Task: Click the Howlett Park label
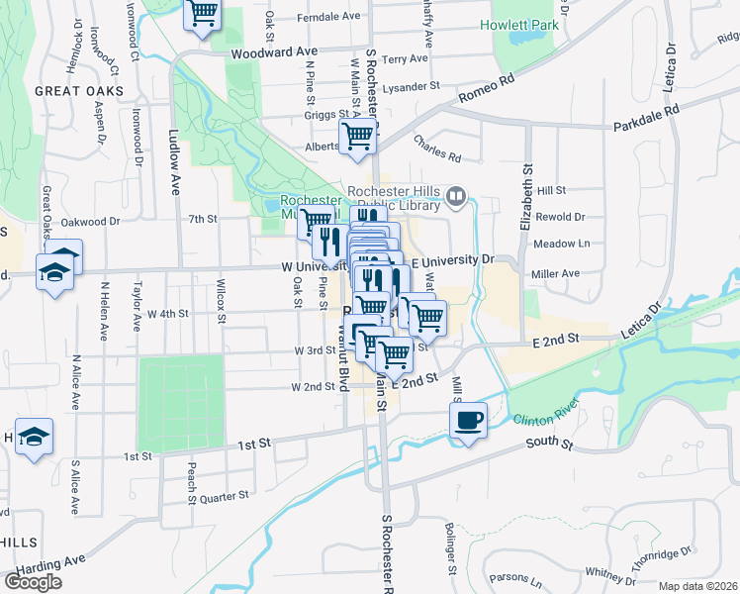click(519, 25)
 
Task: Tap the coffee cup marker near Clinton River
click(469, 419)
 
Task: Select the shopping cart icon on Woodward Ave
click(203, 14)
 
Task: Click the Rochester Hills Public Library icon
click(456, 196)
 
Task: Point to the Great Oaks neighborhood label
click(79, 91)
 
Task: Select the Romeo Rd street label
click(488, 91)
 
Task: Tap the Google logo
click(33, 581)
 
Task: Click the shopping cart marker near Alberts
click(357, 137)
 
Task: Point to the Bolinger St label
click(450, 555)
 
